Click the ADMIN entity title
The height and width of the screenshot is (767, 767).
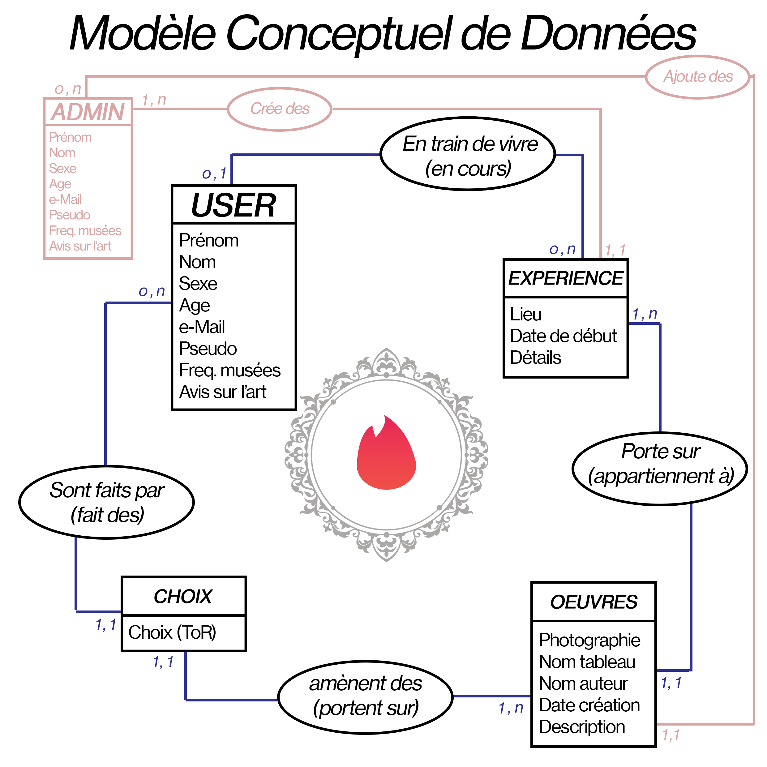88,112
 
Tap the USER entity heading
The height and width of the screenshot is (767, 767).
234,205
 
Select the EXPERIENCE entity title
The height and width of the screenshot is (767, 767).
565,278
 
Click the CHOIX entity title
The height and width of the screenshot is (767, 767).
183,596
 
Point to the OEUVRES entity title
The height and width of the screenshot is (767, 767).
593,602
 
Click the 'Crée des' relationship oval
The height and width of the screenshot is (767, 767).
280,109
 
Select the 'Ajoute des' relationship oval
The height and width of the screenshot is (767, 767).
697,77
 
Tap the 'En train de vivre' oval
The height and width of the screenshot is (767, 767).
468,154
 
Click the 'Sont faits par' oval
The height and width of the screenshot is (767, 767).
106,502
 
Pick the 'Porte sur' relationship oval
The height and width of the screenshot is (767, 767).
660,469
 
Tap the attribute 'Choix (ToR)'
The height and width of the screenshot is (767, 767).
172,632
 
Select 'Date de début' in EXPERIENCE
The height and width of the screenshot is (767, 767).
563,336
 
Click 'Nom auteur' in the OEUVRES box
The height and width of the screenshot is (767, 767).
583,683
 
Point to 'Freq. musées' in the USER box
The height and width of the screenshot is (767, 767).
229,371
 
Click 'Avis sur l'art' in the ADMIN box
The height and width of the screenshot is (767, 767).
80,246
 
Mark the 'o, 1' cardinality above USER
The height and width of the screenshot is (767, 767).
214,174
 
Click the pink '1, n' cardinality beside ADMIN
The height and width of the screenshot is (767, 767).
154,100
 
